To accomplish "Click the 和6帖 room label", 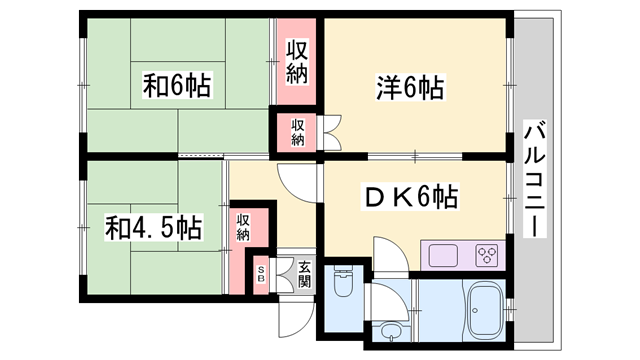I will pyautogui.click(x=177, y=86).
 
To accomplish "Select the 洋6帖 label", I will pyautogui.click(x=411, y=89).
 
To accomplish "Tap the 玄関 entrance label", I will pyautogui.click(x=303, y=276).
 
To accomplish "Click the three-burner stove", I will pyautogui.click(x=488, y=255).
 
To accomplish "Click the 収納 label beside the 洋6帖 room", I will pyautogui.click(x=298, y=62).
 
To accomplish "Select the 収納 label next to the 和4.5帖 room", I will pyautogui.click(x=244, y=227).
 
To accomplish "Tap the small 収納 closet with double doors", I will pyautogui.click(x=298, y=132).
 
